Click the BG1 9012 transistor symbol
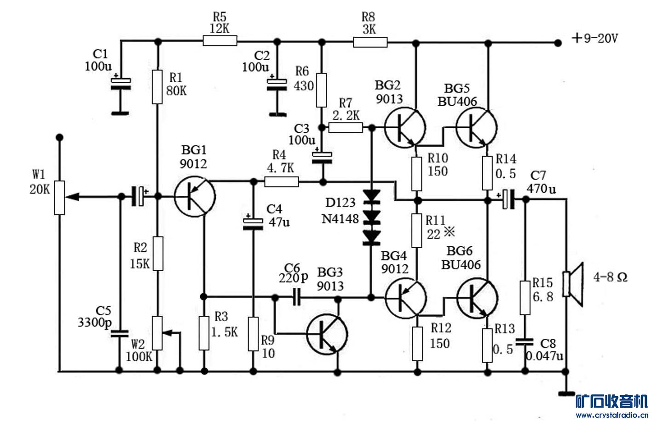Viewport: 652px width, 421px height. point(195,197)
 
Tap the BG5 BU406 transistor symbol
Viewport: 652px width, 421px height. point(477,127)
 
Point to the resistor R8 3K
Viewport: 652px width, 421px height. point(370,43)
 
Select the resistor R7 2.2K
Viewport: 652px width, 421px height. point(346,128)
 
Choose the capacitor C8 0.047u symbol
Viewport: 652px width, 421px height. point(524,341)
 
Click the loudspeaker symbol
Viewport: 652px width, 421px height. point(573,284)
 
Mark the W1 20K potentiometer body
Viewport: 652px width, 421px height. point(59,198)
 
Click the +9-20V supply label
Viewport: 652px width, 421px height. point(594,39)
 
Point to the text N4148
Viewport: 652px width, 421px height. point(340,219)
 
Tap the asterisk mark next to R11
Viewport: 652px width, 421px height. point(449,233)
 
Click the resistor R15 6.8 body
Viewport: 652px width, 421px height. point(525,298)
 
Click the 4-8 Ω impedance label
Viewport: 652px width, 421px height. point(610,278)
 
